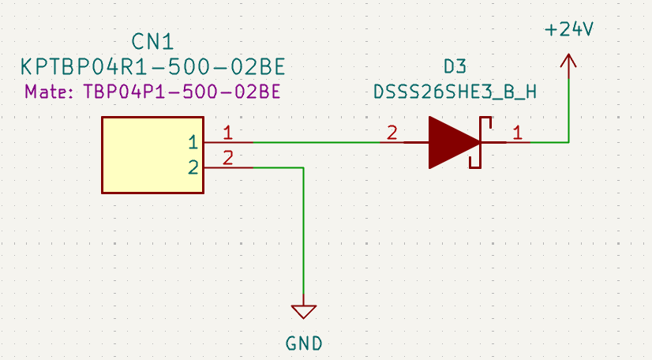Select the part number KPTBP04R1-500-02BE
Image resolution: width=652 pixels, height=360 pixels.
coord(153,66)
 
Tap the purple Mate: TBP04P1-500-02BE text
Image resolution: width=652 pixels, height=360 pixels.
coord(153,92)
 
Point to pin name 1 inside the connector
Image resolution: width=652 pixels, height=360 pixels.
coord(193,143)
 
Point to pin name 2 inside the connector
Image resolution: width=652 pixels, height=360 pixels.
coord(193,167)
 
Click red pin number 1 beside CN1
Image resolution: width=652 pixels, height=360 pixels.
coord(228,133)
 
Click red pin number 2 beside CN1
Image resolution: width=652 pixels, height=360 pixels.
coord(228,157)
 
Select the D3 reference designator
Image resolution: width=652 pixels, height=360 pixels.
coord(455,66)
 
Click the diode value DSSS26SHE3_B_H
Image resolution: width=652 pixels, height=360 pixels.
coord(455,92)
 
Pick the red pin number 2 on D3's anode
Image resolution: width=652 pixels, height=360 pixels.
coord(391,133)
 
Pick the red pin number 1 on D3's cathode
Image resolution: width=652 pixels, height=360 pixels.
coord(518,133)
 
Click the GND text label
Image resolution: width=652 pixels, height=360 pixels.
coord(304,343)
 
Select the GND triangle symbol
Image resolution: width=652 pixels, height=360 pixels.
coord(304,311)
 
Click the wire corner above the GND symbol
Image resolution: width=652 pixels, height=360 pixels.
coord(304,167)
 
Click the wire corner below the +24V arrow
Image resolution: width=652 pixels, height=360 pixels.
coord(568,143)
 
